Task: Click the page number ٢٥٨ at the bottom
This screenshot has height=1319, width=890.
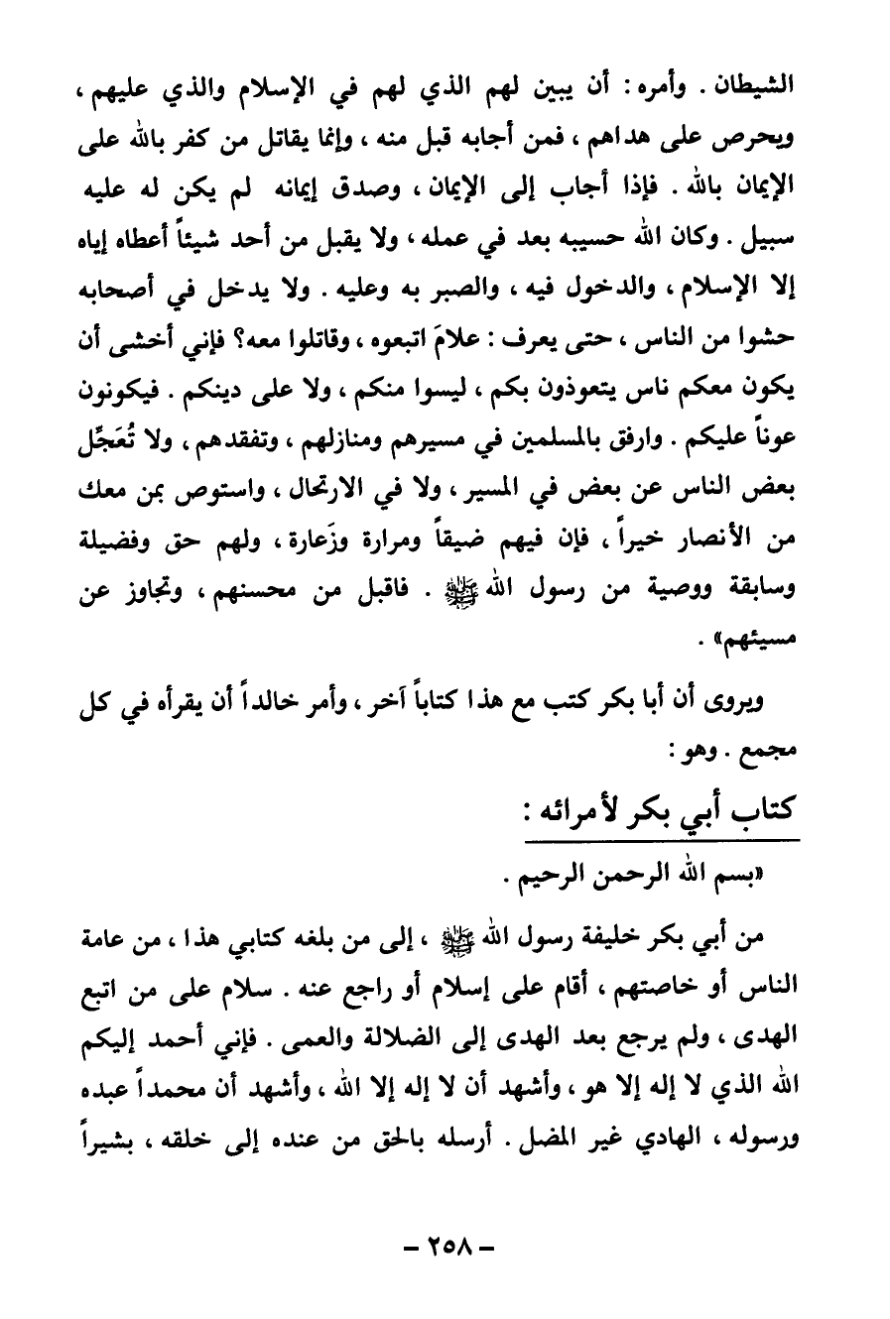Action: pyautogui.click(x=445, y=1246)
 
